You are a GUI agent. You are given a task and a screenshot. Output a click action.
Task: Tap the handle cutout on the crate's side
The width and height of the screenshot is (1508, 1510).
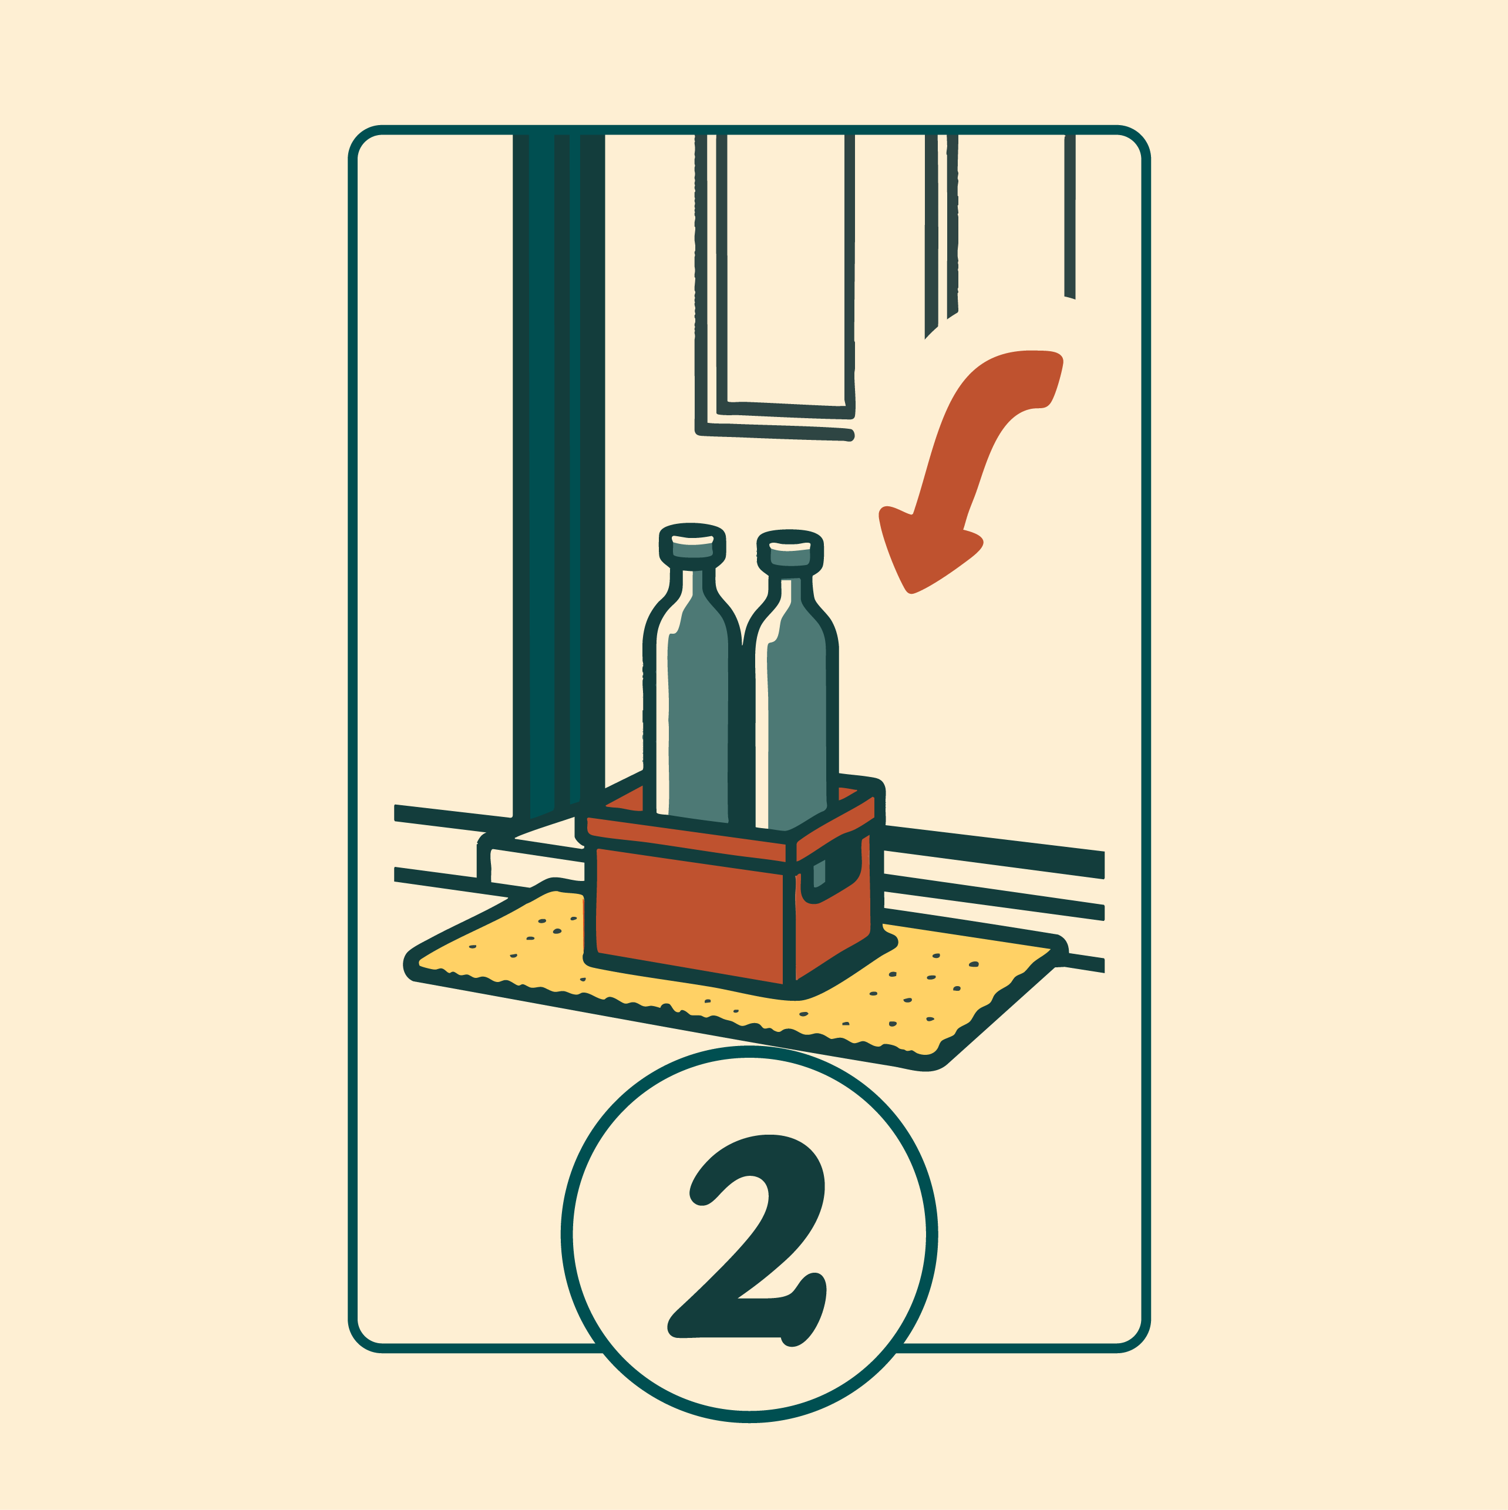tap(818, 874)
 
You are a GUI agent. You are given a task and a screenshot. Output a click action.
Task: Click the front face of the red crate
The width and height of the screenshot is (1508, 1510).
tap(689, 914)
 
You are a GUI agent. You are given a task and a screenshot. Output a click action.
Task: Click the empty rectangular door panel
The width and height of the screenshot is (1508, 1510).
tap(785, 270)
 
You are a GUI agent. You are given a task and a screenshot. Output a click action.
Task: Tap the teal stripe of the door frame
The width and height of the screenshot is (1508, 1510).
tap(541, 469)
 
